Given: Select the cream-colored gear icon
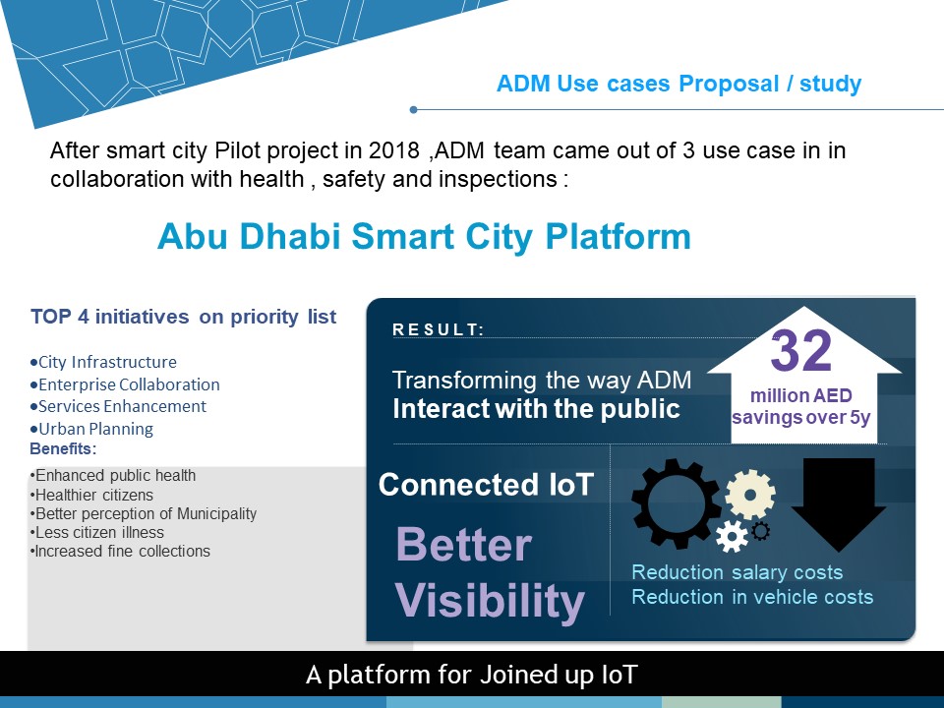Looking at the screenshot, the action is pos(750,495).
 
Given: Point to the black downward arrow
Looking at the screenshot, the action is pos(838,504).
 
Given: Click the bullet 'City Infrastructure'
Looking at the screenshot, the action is pos(103,362).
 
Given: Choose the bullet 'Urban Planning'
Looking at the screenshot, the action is pos(91,429).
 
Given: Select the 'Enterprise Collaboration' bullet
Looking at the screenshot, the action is pos(125,384).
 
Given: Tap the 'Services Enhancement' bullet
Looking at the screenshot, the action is pos(118,406).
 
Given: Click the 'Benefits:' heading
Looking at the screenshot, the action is pos(63,448).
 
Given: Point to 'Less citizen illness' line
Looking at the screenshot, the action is pos(97,532).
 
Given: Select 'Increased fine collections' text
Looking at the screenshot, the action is pos(120,551).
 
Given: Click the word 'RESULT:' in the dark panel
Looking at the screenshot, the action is pos(439,330).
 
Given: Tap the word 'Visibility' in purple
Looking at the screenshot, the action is pos(490,600).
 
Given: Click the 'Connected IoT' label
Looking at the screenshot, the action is pos(487,485).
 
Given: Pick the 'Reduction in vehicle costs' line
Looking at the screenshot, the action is pos(752,597).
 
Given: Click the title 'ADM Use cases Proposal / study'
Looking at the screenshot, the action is pos(679,84).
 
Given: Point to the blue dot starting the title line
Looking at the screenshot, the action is pos(413,109).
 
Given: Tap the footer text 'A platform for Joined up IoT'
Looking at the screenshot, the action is pos(471,675).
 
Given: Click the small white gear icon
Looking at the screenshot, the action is pos(732,537).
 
